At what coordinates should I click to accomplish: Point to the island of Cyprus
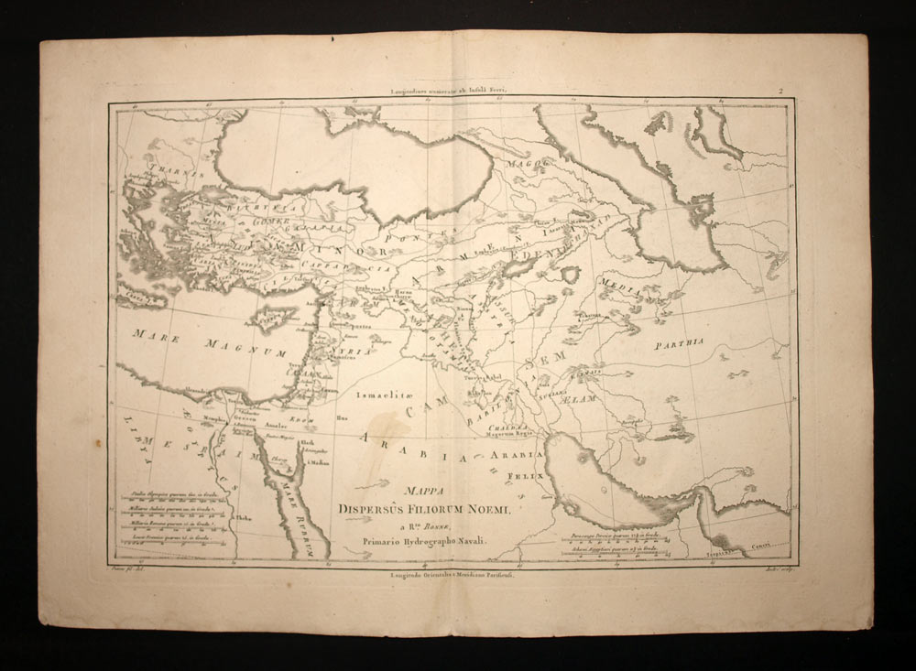[268, 316]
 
